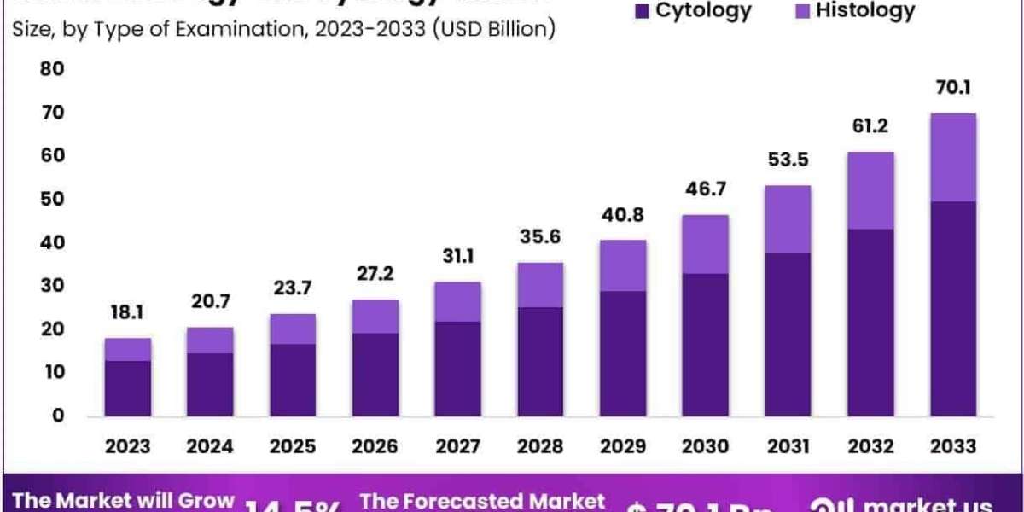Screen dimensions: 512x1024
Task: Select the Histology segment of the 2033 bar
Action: [953, 157]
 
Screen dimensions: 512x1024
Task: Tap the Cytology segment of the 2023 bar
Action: [127, 388]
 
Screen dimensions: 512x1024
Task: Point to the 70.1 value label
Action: [953, 88]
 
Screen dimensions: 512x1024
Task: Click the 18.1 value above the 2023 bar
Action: [127, 313]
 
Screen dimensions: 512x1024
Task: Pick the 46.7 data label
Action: [705, 190]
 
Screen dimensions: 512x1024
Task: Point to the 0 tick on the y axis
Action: [57, 416]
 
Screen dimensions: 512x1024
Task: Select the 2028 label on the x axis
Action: [539, 446]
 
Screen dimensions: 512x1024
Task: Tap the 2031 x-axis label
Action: [788, 446]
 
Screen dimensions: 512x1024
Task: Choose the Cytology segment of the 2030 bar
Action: [705, 345]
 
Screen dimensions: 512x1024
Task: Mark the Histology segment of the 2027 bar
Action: [457, 301]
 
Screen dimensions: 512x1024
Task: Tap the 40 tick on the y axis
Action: [53, 242]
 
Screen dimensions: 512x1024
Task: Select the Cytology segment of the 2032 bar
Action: [870, 323]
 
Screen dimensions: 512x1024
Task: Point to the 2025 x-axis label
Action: [292, 446]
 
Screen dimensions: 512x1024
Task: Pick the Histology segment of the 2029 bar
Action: [622, 265]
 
